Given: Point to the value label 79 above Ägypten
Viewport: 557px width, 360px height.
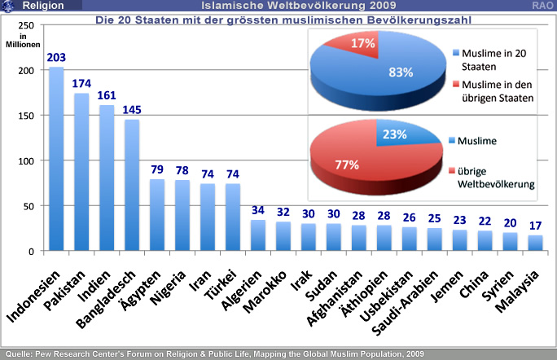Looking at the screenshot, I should coord(157,169).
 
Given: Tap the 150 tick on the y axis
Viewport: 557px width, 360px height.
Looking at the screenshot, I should coord(28,116).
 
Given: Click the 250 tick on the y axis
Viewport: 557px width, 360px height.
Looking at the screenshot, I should coord(28,25).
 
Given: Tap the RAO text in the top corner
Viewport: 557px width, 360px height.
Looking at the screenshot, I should coord(543,6).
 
